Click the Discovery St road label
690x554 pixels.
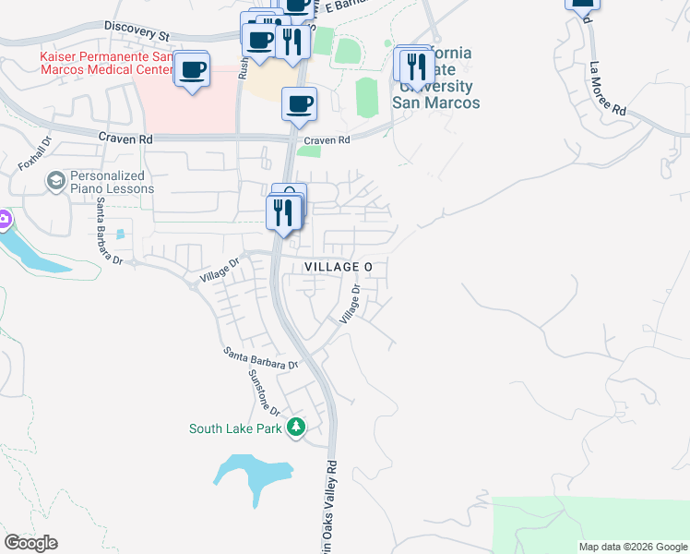[x=138, y=31]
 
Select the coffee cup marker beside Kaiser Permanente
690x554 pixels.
[x=192, y=69]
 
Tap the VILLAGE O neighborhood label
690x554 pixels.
[x=339, y=267]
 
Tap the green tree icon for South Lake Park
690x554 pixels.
[x=296, y=427]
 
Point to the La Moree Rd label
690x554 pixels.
[x=608, y=89]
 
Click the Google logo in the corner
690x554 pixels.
[x=30, y=543]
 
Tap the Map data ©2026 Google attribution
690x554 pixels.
[x=633, y=547]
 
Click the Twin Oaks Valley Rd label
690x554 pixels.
[x=330, y=517]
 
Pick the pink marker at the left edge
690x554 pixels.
[x=4, y=221]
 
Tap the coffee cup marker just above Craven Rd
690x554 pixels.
[x=298, y=104]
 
